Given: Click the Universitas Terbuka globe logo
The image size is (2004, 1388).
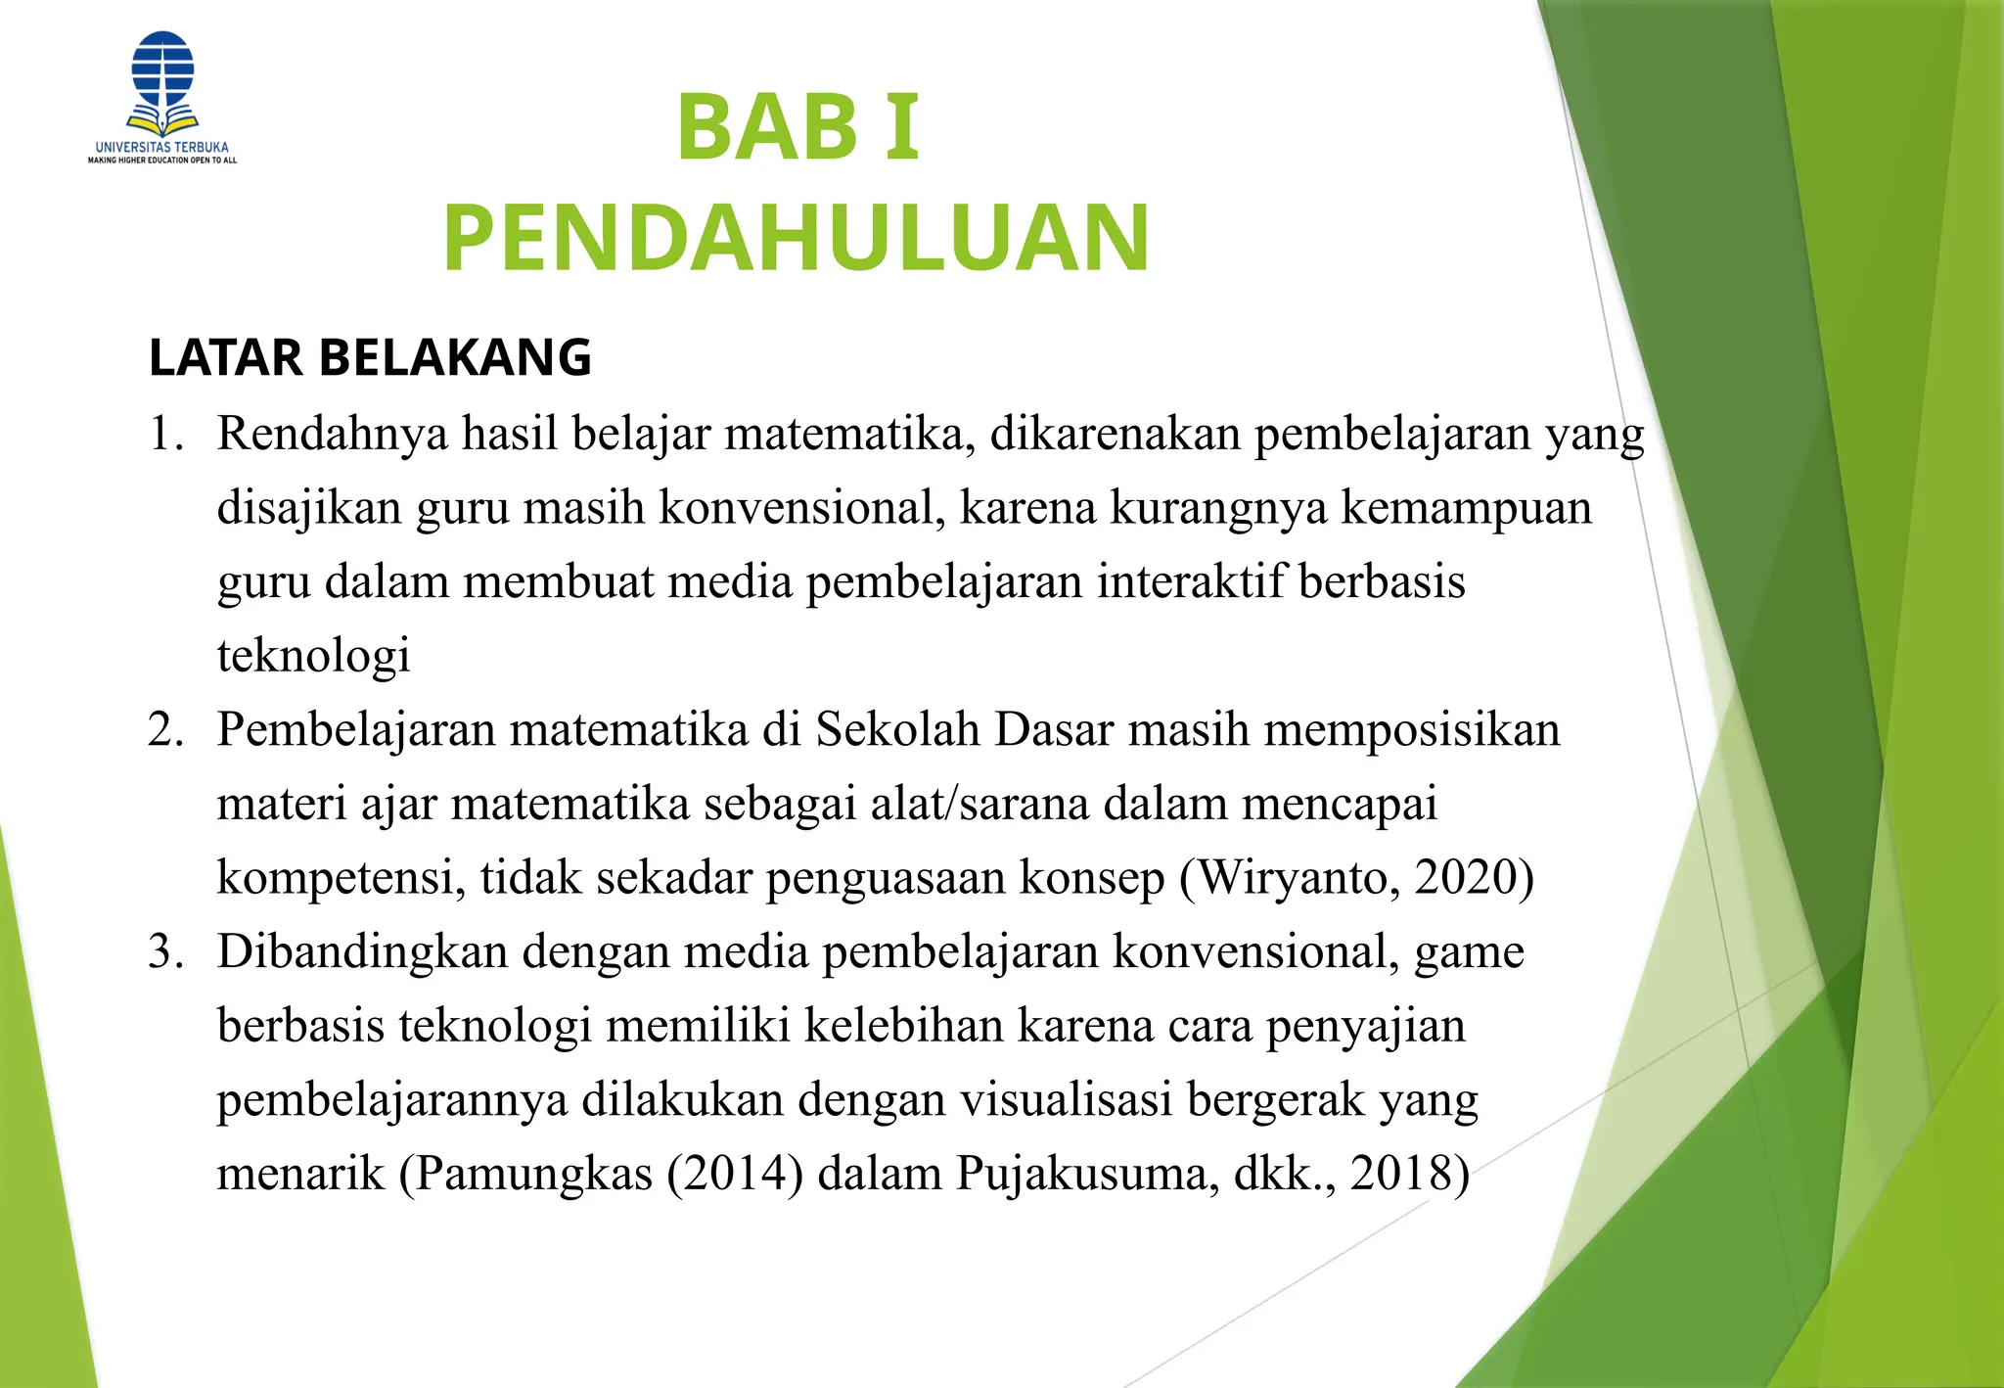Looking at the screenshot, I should point(162,82).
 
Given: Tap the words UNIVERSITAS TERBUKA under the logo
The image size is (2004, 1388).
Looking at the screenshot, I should point(162,147).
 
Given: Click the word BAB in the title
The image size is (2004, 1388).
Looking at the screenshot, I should point(767,127).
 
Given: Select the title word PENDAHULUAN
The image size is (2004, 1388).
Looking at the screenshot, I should point(797,238).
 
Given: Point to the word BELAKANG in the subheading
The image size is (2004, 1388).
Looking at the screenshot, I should point(455,357).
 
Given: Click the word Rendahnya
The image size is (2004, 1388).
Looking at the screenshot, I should point(332,434).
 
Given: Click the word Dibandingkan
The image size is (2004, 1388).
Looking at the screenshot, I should point(362,952).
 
